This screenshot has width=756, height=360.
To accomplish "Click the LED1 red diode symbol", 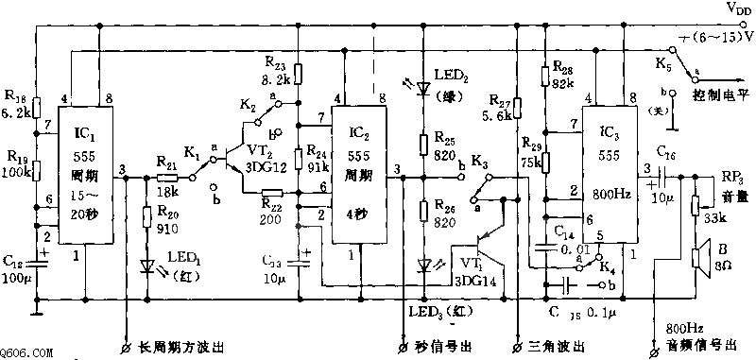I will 147,266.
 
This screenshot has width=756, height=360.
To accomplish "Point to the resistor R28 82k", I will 544,75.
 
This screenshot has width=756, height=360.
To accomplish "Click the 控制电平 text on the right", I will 721,95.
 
